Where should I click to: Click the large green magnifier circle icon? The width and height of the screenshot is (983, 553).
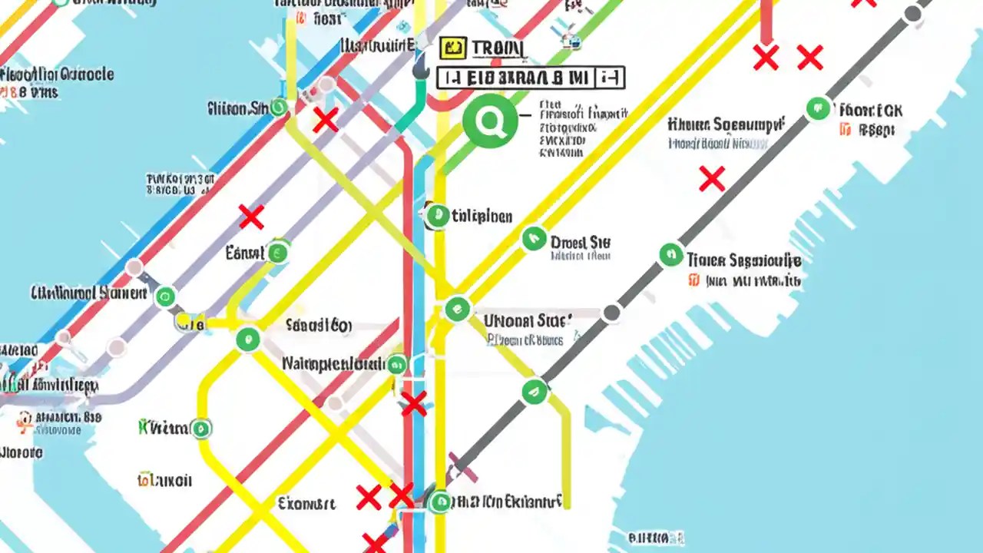click(490, 121)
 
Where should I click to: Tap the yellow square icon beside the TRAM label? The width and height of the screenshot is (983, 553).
click(454, 48)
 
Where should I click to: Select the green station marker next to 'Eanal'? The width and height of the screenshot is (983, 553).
click(277, 251)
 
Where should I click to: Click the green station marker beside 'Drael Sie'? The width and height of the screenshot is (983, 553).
click(534, 239)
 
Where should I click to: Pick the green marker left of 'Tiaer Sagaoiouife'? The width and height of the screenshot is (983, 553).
click(671, 255)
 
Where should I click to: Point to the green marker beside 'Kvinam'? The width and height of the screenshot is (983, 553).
click(201, 428)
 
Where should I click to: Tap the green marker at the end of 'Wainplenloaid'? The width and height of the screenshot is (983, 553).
click(396, 364)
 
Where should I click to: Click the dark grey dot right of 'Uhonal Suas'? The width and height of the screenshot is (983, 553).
click(611, 313)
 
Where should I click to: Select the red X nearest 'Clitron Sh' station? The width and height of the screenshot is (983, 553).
click(325, 120)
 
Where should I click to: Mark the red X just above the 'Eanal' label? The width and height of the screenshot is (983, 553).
click(251, 217)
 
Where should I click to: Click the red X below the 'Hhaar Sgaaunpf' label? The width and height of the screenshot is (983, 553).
click(712, 179)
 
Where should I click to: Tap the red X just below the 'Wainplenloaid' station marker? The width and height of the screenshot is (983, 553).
click(414, 403)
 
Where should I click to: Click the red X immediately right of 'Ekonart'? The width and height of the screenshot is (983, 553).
click(369, 498)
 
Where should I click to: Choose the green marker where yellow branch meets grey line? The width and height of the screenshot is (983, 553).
click(535, 392)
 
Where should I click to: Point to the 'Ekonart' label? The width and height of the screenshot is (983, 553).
click(306, 504)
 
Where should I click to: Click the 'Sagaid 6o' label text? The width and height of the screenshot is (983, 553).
click(318, 326)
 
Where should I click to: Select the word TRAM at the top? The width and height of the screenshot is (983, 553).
click(498, 48)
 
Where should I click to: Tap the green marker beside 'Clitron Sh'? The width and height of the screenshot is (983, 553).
click(278, 108)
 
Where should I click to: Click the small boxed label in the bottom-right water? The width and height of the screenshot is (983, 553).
click(656, 538)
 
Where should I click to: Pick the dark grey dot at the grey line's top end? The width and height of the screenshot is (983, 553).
click(912, 14)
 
